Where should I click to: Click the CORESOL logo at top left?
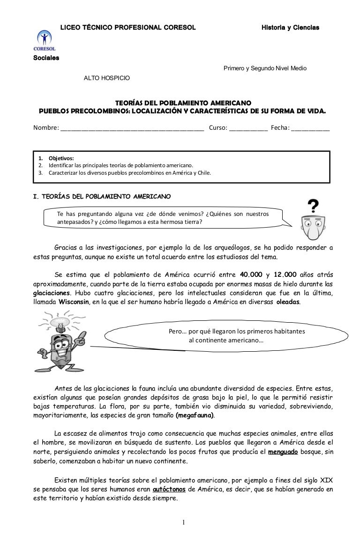(44, 41)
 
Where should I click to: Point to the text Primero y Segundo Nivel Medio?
(264, 68)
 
